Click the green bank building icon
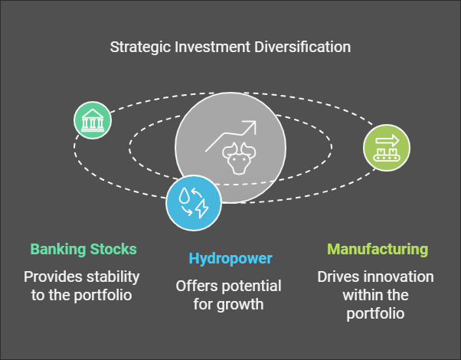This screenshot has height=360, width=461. [93, 120]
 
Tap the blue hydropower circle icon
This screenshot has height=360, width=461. [194, 203]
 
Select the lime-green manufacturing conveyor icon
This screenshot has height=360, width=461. [387, 148]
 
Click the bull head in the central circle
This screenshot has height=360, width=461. [239, 159]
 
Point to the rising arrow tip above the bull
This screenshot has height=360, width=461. [255, 122]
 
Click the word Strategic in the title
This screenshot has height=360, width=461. [140, 47]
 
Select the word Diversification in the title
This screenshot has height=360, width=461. [302, 47]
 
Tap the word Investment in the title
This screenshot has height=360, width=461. [212, 47]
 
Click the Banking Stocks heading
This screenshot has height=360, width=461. [83, 250]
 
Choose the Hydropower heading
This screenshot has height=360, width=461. [230, 259]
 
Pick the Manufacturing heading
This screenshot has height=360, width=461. [378, 250]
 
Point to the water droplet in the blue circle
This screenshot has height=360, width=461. [184, 195]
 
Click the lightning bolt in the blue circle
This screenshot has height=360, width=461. [202, 209]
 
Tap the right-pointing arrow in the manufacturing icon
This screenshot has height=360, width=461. [387, 141]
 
